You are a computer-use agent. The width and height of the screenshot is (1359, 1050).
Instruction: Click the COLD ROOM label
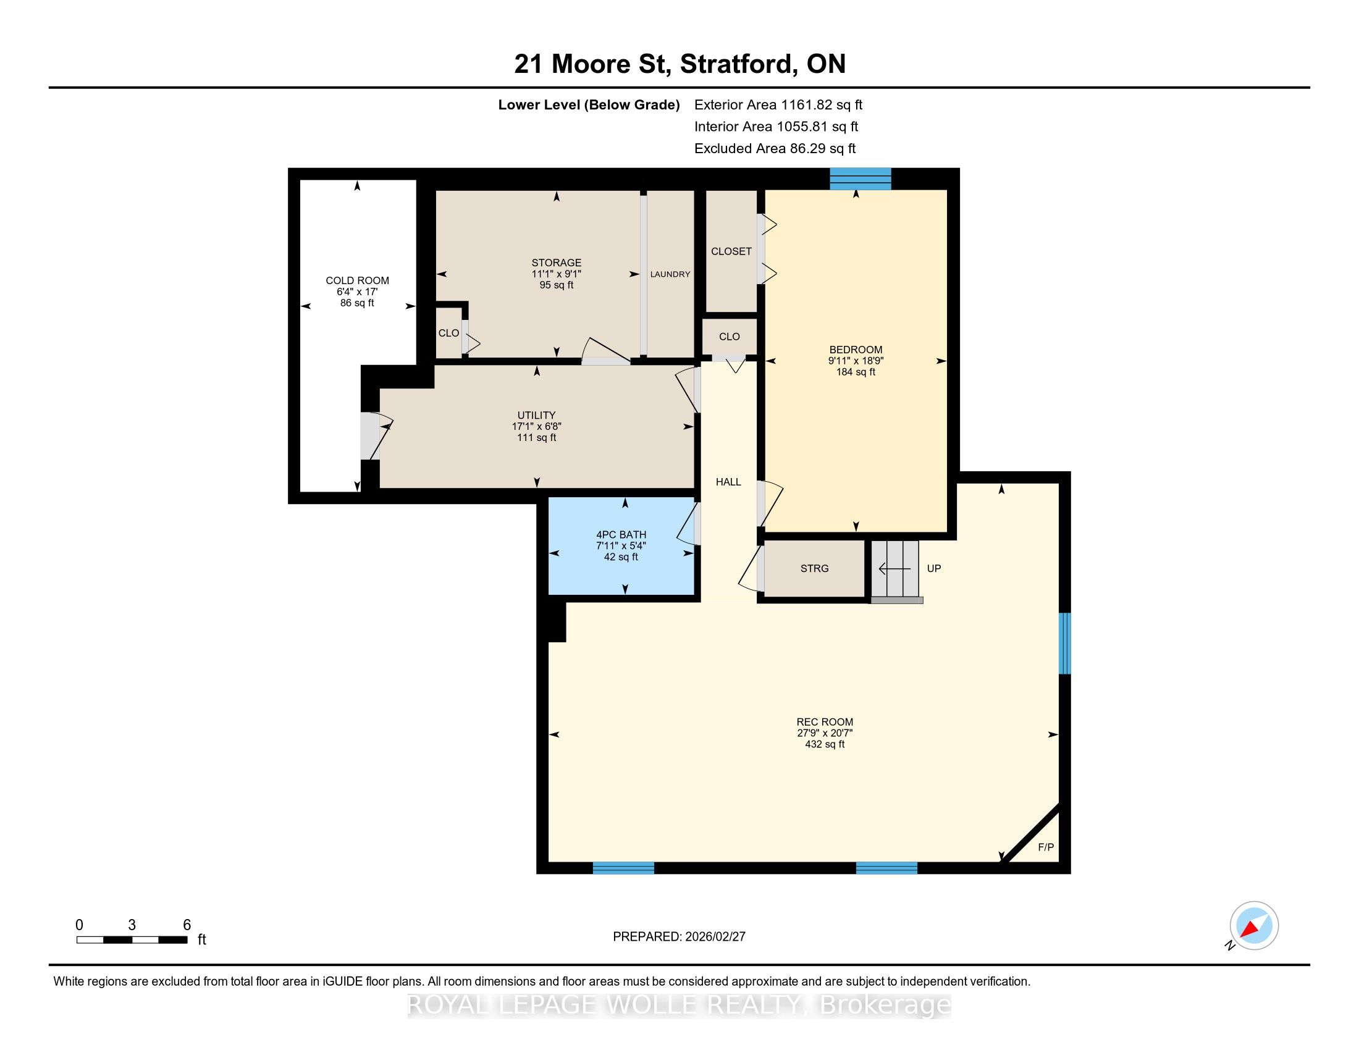[357, 280]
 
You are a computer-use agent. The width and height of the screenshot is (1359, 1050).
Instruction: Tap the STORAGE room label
[557, 262]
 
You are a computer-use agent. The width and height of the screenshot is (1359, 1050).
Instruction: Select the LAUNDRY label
[670, 274]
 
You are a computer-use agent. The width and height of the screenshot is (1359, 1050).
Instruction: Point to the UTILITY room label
[536, 415]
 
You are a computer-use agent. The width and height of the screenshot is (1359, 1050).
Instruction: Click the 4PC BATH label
[621, 534]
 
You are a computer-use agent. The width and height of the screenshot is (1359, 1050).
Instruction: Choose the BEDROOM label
[856, 350]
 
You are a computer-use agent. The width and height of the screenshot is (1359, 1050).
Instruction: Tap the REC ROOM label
[825, 722]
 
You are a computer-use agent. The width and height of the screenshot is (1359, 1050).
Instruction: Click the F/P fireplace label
[1046, 847]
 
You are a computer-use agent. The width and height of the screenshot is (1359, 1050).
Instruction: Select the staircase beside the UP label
[895, 568]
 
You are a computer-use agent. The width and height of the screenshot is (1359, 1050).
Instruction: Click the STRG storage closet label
[815, 568]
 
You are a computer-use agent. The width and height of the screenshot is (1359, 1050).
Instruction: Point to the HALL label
[728, 482]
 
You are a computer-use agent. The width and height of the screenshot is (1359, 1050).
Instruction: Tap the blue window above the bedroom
[860, 178]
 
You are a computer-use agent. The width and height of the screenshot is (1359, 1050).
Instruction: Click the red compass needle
[1251, 928]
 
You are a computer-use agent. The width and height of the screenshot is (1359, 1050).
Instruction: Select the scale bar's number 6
[187, 925]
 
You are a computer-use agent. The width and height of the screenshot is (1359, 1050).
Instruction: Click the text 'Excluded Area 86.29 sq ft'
[775, 149]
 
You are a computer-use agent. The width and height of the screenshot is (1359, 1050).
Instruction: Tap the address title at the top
[679, 64]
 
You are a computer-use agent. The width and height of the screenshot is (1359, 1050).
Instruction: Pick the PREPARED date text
[679, 937]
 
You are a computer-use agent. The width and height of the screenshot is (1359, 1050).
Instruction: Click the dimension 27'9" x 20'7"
[825, 733]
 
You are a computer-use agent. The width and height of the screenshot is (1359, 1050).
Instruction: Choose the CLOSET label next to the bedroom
[731, 251]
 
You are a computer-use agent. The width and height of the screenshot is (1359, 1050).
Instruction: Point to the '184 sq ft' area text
[856, 372]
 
